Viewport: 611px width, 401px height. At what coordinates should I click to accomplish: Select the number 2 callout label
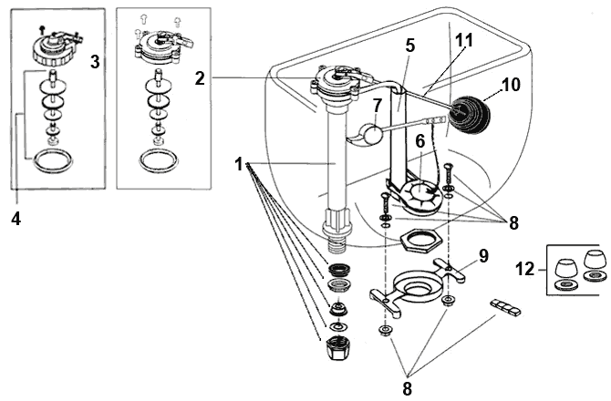200,78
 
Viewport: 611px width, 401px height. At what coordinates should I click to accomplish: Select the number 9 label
485,256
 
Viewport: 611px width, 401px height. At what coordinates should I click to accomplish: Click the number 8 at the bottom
408,387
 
